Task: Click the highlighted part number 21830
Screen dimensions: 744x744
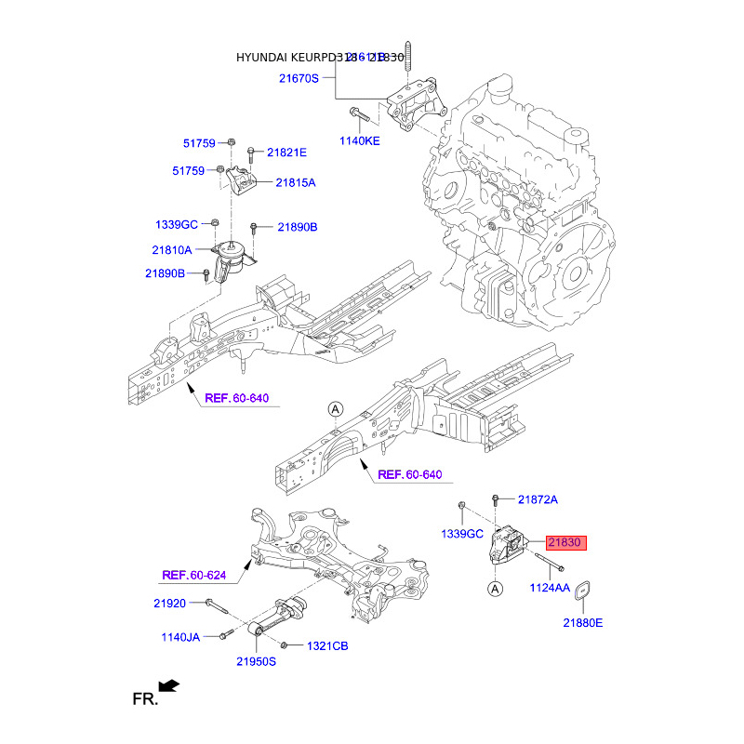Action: point(567,543)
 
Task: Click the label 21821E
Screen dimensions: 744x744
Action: point(286,152)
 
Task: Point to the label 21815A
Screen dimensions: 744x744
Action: point(295,183)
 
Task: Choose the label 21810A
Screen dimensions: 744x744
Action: point(172,249)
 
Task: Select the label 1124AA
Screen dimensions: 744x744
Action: point(550,588)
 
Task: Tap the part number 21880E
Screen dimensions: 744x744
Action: point(582,622)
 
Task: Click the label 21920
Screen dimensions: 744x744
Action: point(171,604)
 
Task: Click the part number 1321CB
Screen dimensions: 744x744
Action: point(327,645)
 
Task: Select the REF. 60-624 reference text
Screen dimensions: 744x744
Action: point(194,575)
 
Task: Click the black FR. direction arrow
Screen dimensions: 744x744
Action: point(168,687)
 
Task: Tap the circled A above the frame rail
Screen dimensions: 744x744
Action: point(335,409)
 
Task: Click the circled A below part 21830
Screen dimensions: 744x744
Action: point(496,588)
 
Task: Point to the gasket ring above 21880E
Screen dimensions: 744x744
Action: point(583,591)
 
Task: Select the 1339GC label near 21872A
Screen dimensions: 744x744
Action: point(462,534)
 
